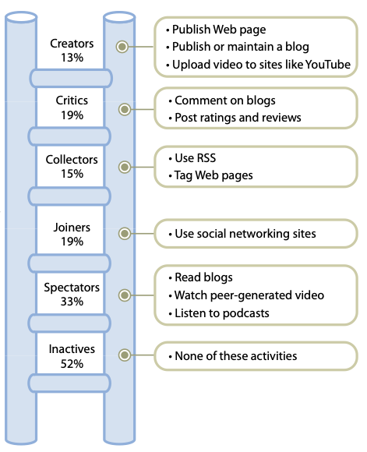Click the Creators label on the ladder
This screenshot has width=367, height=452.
tap(72, 44)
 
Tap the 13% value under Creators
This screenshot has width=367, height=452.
tap(72, 58)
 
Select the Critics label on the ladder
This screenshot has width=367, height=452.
tap(72, 101)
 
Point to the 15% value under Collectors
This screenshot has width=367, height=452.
tap(72, 174)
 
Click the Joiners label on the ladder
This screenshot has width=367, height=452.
tap(72, 228)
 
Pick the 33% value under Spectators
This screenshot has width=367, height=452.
tap(72, 302)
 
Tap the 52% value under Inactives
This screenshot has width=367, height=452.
tap(72, 364)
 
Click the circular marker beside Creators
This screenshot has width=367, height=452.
tap(122, 47)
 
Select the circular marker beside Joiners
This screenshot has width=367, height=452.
tap(125, 233)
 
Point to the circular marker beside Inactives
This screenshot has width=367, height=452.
tap(125, 355)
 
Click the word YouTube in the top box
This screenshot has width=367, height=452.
tap(328, 65)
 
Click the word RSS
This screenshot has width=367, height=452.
tap(206, 158)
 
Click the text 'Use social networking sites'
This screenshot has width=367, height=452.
tap(245, 234)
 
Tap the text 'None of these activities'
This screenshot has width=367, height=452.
tap(236, 356)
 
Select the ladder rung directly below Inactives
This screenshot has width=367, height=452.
tap(69, 383)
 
